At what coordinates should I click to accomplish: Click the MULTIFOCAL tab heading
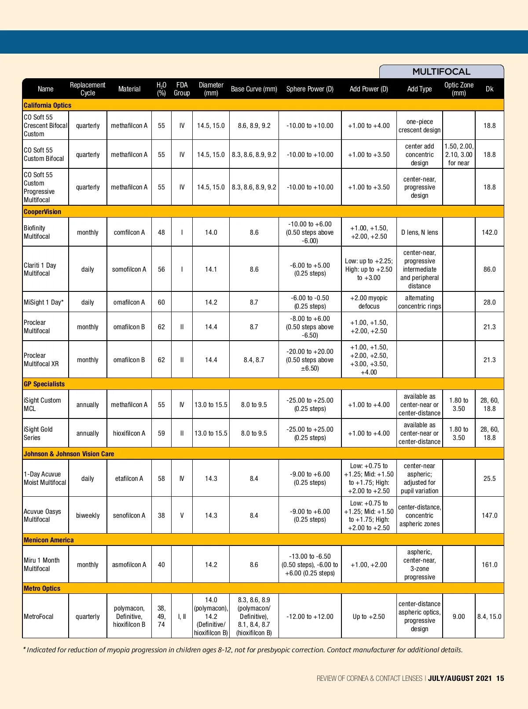coord(441,72)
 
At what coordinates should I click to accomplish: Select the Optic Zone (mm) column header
coord(458,89)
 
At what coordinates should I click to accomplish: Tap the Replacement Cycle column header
coord(88,89)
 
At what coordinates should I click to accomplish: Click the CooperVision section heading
coord(42,211)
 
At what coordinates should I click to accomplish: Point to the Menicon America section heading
coord(49,540)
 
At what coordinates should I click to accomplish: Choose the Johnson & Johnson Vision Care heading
coord(69,454)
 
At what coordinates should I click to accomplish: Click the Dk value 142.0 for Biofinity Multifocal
coord(489,232)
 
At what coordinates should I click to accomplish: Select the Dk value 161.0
coord(489,564)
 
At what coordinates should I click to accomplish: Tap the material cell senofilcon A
coord(129,515)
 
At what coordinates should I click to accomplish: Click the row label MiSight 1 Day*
coord(44,302)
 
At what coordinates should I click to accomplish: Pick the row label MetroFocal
coord(39,616)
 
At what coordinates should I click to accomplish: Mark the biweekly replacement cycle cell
coord(88,515)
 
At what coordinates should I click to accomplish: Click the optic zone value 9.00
coord(458,616)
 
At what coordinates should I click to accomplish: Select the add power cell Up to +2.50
coord(369,616)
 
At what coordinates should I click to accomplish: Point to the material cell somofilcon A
coord(129,269)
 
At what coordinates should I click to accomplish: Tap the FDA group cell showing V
coord(182,515)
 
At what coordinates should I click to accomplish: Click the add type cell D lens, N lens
coord(419,232)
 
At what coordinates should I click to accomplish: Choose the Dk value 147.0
coord(489,515)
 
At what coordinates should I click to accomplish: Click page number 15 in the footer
coord(500,678)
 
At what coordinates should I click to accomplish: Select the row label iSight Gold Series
coord(38,433)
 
